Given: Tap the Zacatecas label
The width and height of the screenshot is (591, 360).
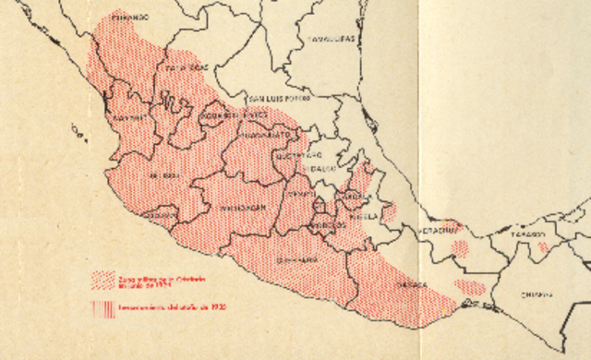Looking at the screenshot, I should pyautogui.click(x=186, y=67).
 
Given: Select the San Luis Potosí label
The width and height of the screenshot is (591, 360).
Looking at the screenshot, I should pyautogui.click(x=277, y=97).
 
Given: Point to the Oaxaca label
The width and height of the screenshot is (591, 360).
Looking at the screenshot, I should pyautogui.click(x=412, y=285).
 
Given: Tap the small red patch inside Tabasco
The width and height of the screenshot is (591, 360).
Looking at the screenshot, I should pyautogui.click(x=544, y=247).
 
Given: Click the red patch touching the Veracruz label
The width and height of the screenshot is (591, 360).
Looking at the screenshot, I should pyautogui.click(x=460, y=247).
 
